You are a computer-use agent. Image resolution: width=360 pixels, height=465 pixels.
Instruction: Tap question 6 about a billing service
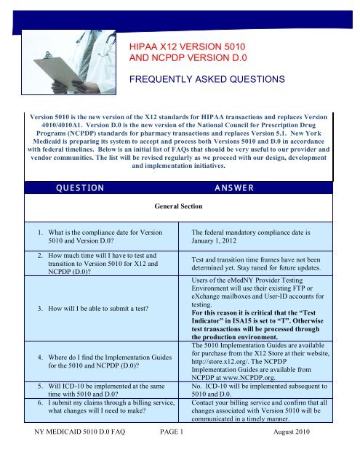(100, 427)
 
